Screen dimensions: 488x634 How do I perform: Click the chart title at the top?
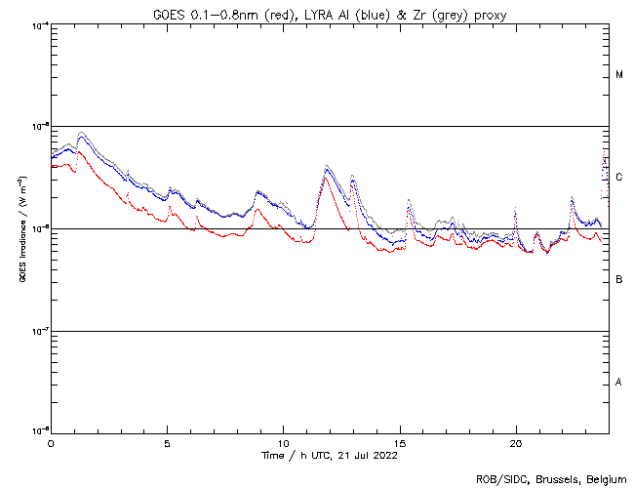click(x=329, y=12)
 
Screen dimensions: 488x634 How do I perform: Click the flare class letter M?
click(x=619, y=75)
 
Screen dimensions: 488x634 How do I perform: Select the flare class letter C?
click(x=619, y=178)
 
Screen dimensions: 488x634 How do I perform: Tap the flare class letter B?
click(x=619, y=280)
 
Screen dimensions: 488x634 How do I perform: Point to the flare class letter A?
click(x=619, y=383)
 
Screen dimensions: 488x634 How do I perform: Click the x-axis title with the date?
click(x=329, y=455)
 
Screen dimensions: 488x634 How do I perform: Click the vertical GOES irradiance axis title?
click(x=21, y=229)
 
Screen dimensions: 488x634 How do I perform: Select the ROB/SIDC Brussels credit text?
click(x=550, y=478)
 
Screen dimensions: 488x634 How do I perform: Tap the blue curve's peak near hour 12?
click(x=327, y=168)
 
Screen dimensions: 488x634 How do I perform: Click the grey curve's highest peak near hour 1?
click(x=82, y=132)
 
